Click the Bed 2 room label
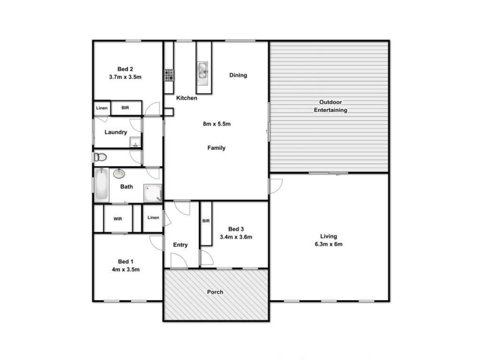point(125,69)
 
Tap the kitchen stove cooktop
point(169,75)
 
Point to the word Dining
point(238,75)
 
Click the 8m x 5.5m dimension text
point(217,124)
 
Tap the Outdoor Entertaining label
point(330,106)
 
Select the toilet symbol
point(100,157)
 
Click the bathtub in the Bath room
point(101,185)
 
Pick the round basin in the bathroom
point(119,174)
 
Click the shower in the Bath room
point(153,193)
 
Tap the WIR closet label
point(118,219)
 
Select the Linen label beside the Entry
point(153,217)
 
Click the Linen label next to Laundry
point(102,108)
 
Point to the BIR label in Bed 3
point(206,221)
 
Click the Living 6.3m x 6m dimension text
point(329,244)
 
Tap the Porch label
point(215,292)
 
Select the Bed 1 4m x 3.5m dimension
point(126,270)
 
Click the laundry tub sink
point(135,142)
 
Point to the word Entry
point(180,245)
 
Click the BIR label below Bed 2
point(125,108)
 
